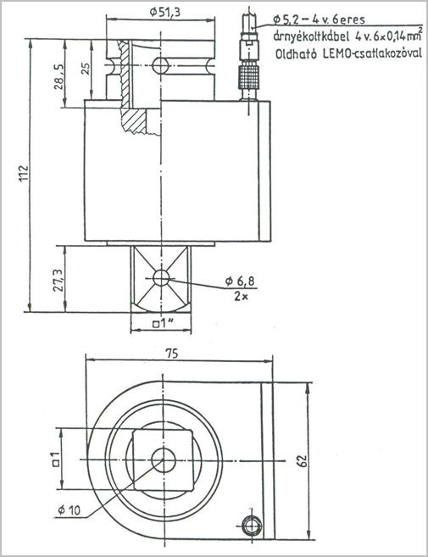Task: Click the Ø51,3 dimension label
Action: (164, 13)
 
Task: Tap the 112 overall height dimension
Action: (23, 173)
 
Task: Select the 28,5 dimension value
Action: (58, 77)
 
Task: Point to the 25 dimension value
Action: (86, 68)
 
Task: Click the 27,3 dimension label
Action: (58, 280)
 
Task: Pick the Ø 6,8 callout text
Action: (240, 281)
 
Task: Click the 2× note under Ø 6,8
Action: (241, 296)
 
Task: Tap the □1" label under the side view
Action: (163, 324)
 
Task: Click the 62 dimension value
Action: (302, 460)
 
